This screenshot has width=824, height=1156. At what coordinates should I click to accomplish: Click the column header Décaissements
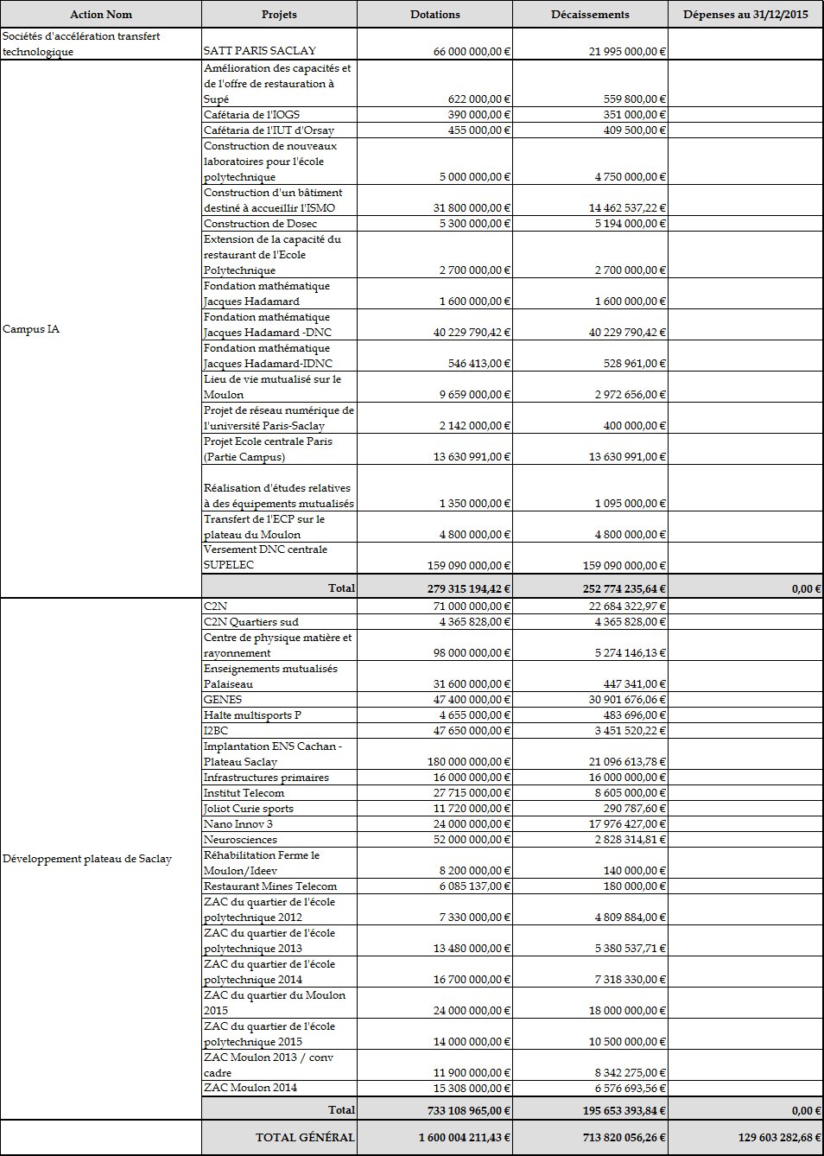pyautogui.click(x=590, y=15)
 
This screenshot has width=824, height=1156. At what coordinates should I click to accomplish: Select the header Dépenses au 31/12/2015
pyautogui.click(x=745, y=15)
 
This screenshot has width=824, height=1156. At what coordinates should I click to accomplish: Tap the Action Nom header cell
pyautogui.click(x=101, y=15)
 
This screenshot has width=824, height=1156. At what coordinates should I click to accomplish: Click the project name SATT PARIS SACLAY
pyautogui.click(x=260, y=51)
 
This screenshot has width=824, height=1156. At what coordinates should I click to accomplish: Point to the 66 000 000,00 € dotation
pyautogui.click(x=472, y=52)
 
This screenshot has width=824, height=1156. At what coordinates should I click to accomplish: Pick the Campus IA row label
pyautogui.click(x=31, y=329)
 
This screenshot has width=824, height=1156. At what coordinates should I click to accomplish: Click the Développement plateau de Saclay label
pyautogui.click(x=87, y=859)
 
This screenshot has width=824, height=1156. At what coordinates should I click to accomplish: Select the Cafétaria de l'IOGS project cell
pyautogui.click(x=252, y=115)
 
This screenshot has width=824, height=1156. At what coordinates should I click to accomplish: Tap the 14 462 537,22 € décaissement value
pyautogui.click(x=627, y=208)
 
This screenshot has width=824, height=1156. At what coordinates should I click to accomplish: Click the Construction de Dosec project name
pyautogui.click(x=260, y=224)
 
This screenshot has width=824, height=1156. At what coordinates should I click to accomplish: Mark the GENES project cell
pyautogui.click(x=223, y=700)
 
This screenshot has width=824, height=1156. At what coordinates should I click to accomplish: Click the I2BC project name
pyautogui.click(x=216, y=731)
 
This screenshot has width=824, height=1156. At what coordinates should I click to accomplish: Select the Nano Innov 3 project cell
pyautogui.click(x=238, y=824)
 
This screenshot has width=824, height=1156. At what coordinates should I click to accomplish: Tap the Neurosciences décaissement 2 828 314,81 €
pyautogui.click(x=631, y=840)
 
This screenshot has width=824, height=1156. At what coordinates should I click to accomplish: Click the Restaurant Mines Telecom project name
pyautogui.click(x=270, y=886)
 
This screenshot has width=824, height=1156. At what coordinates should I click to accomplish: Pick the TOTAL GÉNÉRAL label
pyautogui.click(x=305, y=1138)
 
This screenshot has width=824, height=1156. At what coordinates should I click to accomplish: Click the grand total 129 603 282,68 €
pyautogui.click(x=779, y=1138)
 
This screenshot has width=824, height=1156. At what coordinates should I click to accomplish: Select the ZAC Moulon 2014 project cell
pyautogui.click(x=250, y=1088)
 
